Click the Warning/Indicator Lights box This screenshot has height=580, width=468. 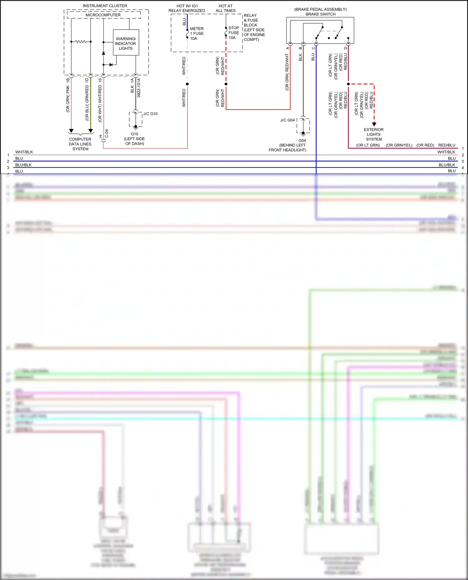pos(126,43)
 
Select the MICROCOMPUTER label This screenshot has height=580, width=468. pos(103,15)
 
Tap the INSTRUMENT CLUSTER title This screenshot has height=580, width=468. pos(105,6)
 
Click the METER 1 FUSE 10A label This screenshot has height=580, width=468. pos(197,33)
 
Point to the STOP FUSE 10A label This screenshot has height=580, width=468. pos(234,33)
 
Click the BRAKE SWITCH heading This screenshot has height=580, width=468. pos(320,14)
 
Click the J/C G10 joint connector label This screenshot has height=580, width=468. pos(150,114)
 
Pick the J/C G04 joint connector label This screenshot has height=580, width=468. pos(287,120)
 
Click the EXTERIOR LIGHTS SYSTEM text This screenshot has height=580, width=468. pos(374,134)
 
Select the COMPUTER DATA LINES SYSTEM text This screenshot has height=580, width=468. pos(80,144)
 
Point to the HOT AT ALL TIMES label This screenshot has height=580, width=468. pos(225,8)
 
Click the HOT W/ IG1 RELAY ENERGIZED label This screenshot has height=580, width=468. pos(187,8)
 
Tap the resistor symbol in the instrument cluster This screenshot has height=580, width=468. pos(81,41)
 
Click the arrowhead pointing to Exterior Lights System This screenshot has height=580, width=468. pos(374,124)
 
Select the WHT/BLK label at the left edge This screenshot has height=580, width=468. pos(24,152)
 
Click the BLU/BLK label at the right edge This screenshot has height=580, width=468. pos(447,165)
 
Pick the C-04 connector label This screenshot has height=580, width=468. pos(106,134)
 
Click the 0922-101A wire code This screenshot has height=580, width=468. pos(139,88)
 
